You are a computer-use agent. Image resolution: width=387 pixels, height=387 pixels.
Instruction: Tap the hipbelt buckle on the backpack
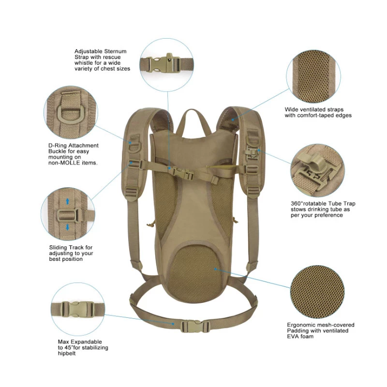[194, 326]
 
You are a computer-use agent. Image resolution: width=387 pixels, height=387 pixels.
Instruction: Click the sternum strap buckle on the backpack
[183, 173]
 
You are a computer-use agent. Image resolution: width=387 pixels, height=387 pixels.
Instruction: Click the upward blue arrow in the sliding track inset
[68, 201]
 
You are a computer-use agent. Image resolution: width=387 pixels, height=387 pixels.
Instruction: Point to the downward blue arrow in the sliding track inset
[68, 227]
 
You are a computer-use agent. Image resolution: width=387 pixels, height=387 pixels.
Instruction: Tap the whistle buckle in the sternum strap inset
[164, 63]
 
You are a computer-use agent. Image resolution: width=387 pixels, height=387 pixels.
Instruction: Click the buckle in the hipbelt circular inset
[77, 310]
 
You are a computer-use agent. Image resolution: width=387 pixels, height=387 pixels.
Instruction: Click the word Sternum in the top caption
[116, 51]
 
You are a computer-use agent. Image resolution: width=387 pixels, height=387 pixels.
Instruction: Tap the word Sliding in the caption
[58, 247]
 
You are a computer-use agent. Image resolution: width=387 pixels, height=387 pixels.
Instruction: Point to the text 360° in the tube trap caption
[297, 204]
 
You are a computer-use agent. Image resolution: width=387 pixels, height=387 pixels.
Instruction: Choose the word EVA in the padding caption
[293, 336]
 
